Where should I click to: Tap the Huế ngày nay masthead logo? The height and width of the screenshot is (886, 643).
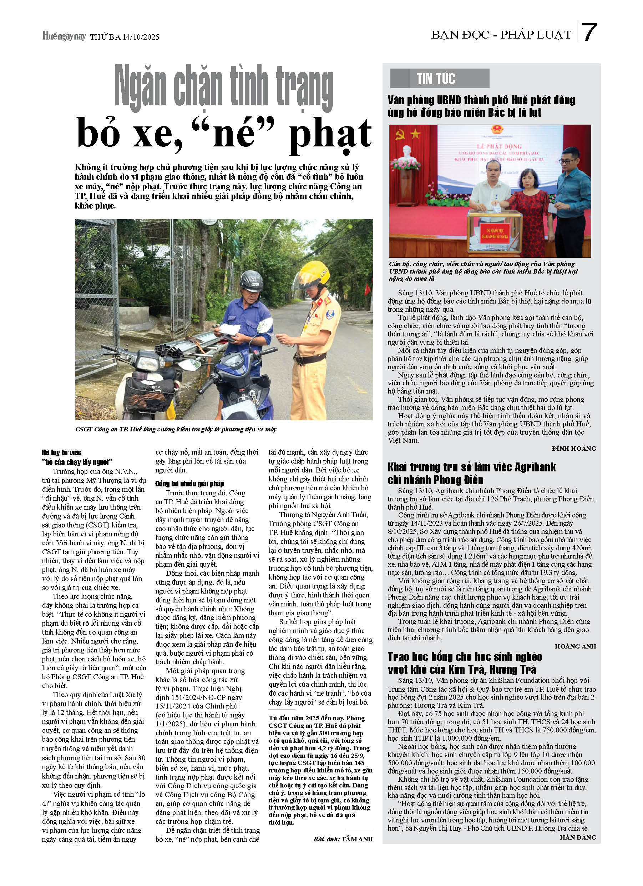pyautogui.click(x=64, y=37)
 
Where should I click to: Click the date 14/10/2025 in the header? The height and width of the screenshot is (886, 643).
pyautogui.click(x=140, y=37)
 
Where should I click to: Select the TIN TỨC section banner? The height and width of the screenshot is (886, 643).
pyautogui.click(x=439, y=79)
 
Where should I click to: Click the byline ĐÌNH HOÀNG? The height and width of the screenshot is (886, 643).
pyautogui.click(x=573, y=449)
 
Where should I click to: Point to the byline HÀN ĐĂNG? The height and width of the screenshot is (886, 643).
pyautogui.click(x=578, y=837)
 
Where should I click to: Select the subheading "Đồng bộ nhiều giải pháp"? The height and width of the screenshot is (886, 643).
pyautogui.click(x=189, y=484)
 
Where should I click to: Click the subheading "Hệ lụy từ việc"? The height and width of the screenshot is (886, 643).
pyautogui.click(x=62, y=453)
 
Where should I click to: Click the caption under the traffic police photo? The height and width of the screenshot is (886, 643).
pyautogui.click(x=176, y=429)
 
